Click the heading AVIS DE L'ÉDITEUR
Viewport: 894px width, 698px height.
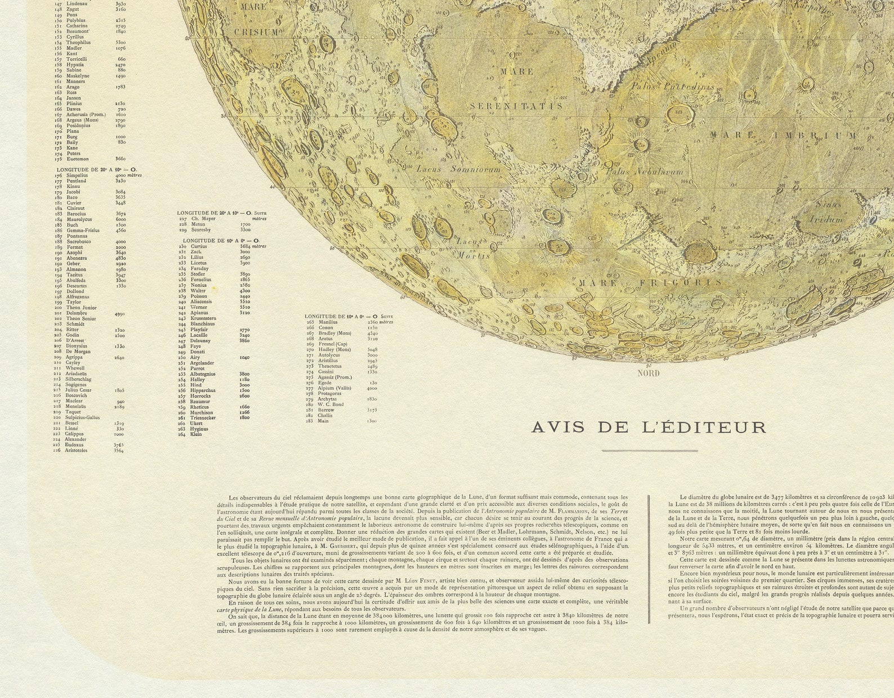[649, 427]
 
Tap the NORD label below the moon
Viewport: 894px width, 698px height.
[648, 373]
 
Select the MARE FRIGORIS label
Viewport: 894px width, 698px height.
[642, 283]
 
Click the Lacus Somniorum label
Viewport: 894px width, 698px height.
[458, 169]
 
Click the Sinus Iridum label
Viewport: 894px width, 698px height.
[827, 212]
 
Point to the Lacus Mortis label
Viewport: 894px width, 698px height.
[472, 248]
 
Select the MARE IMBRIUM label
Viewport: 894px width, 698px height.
[783, 136]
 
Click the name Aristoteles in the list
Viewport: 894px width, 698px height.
[76, 451]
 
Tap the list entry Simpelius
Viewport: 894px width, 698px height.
[77, 175]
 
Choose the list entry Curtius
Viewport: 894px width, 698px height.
[199, 246]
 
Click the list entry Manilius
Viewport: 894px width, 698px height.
[327, 322]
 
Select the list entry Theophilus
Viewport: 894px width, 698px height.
[78, 43]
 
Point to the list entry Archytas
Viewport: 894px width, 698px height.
[327, 399]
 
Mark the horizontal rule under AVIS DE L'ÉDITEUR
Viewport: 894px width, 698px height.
[649, 451]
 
